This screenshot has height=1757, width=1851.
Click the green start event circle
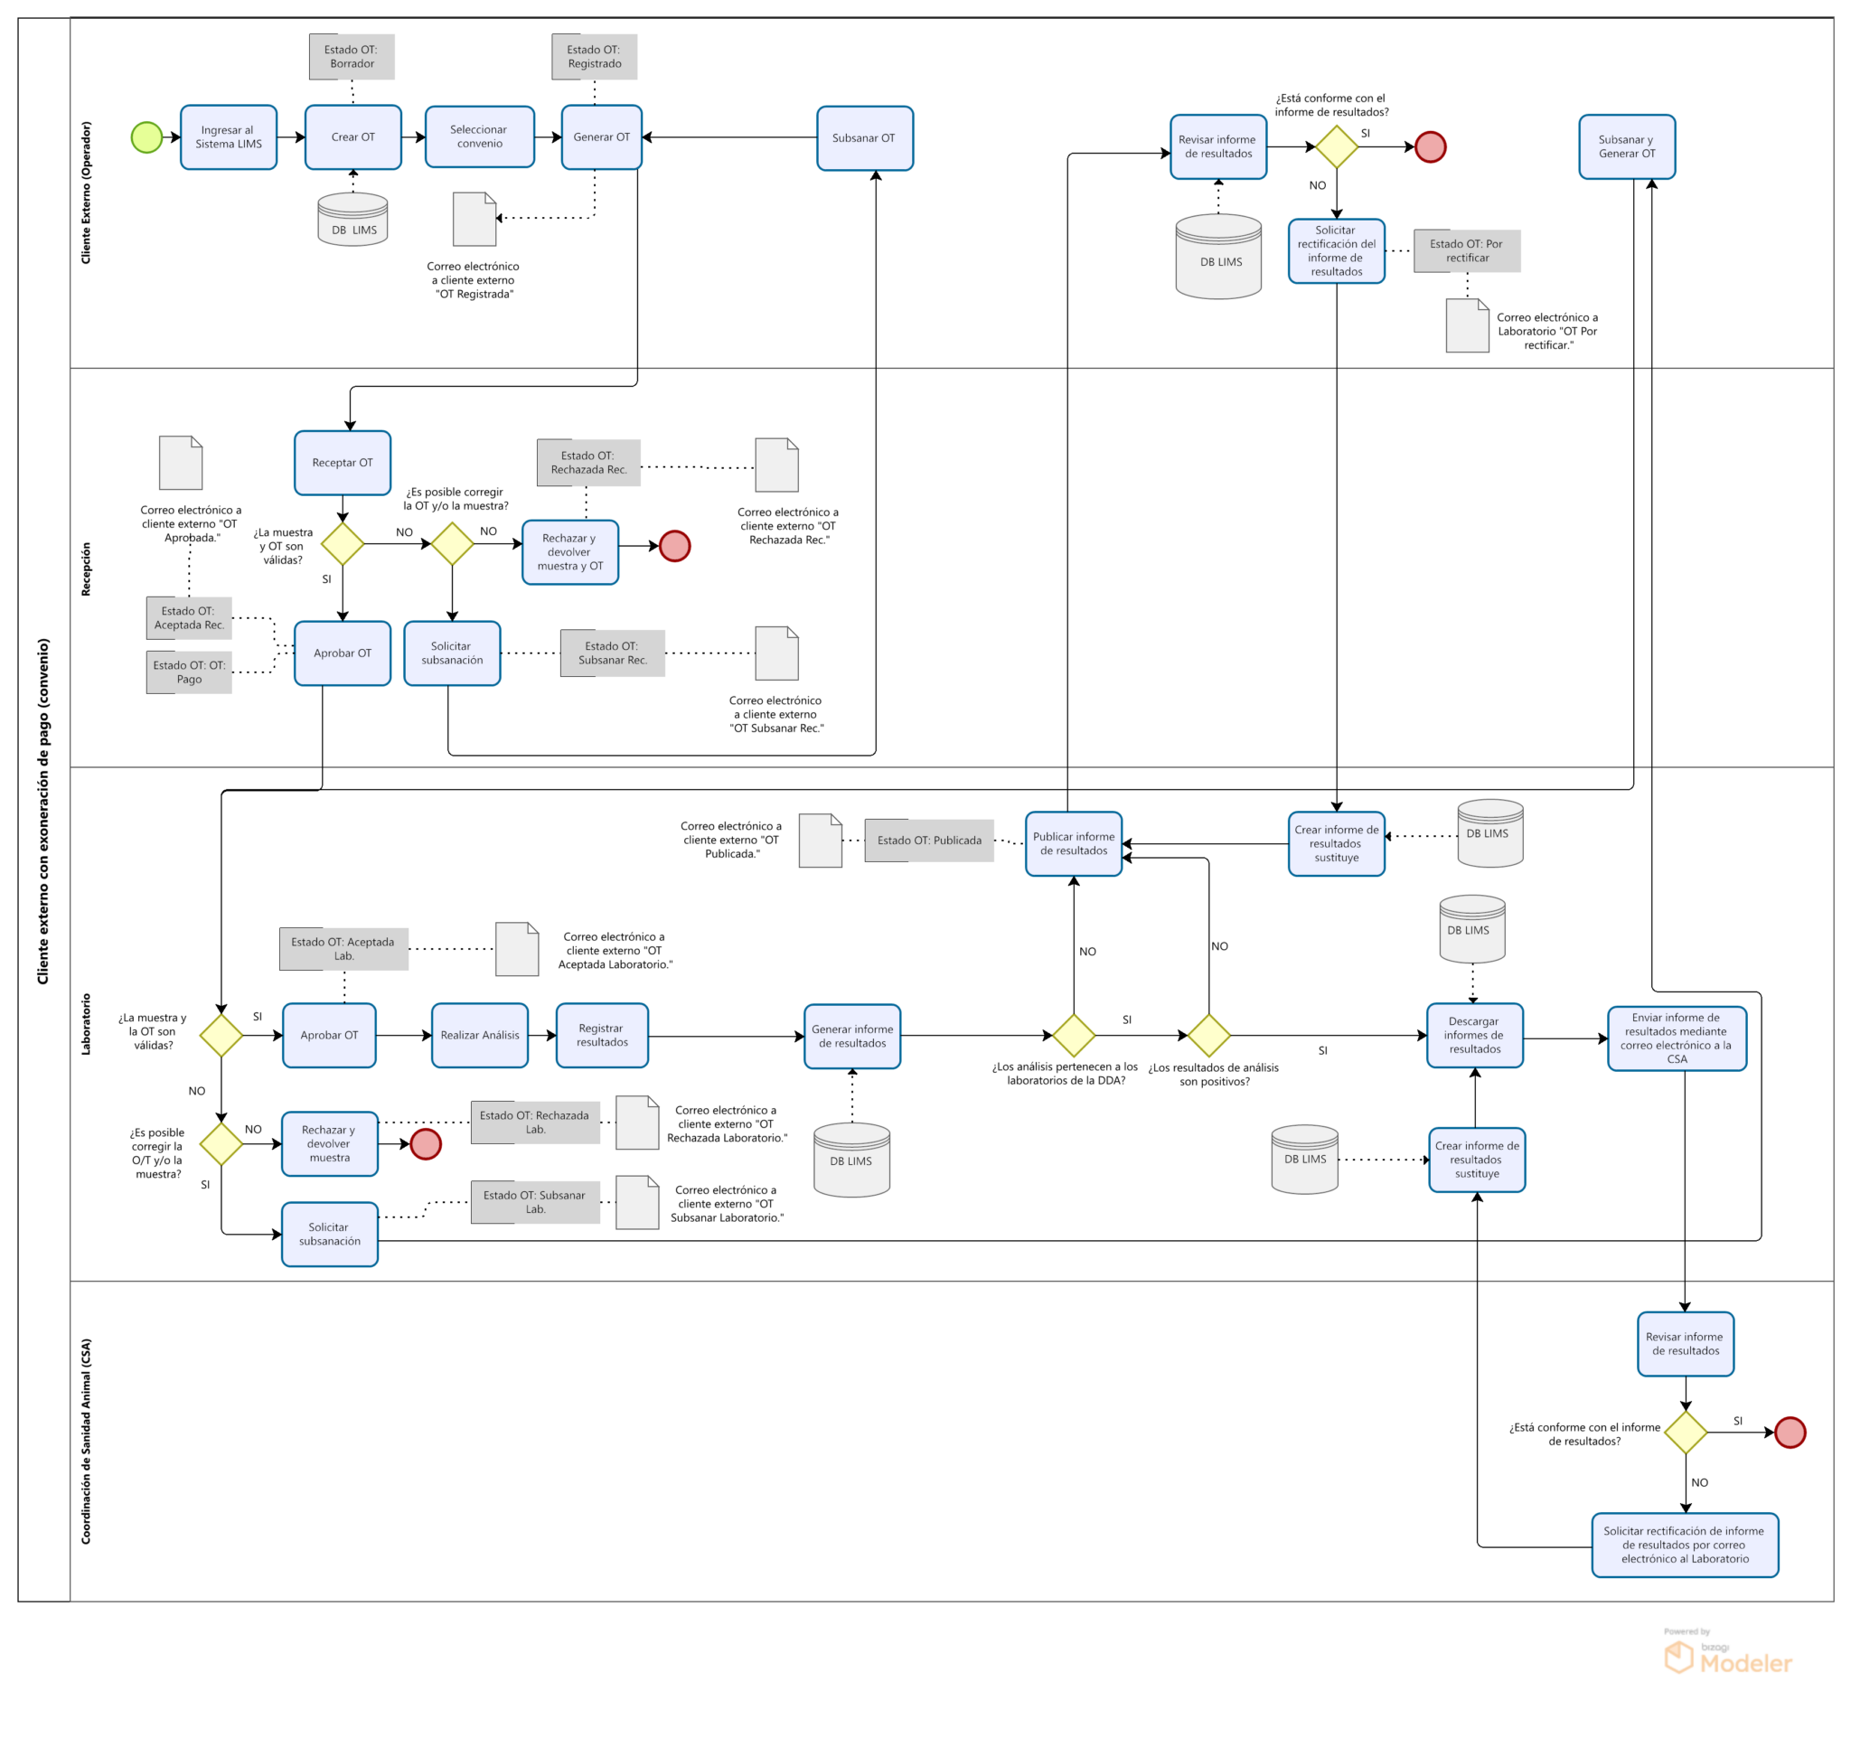(147, 137)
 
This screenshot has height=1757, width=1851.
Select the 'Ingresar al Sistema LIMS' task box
(229, 137)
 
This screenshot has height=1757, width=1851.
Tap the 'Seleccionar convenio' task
(480, 136)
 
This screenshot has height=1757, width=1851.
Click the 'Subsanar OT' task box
(865, 138)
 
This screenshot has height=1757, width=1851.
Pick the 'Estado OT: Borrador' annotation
(352, 57)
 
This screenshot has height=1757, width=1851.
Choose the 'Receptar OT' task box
(343, 463)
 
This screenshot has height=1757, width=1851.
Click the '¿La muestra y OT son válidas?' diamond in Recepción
(343, 544)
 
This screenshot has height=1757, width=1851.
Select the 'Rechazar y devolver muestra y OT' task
(570, 552)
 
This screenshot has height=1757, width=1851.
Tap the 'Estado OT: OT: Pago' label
(189, 672)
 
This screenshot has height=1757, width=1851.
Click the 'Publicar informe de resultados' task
(1074, 844)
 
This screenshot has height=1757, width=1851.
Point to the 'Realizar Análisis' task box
(480, 1036)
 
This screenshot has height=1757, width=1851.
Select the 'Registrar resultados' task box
(602, 1036)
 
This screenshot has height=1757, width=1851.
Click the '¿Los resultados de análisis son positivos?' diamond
(1209, 1036)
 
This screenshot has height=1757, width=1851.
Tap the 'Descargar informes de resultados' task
(1475, 1036)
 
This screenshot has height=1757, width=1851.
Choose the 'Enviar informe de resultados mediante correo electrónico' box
(1677, 1038)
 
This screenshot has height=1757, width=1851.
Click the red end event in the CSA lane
(1790, 1433)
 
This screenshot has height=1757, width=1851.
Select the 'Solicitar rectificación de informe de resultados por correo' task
(1686, 1546)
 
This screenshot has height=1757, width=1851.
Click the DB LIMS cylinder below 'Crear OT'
(353, 219)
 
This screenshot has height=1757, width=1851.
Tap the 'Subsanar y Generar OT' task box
(1627, 147)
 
